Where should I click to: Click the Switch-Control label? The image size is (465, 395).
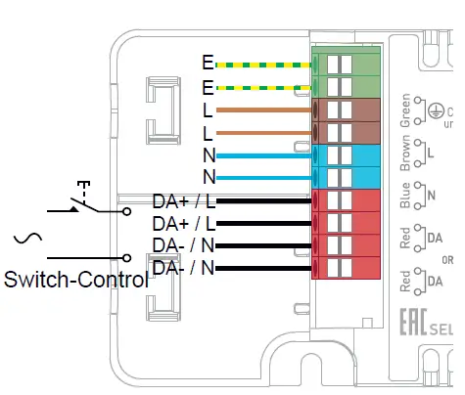click(76, 280)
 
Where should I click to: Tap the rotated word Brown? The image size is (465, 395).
click(406, 154)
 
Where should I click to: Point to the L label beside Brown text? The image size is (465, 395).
click(431, 154)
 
